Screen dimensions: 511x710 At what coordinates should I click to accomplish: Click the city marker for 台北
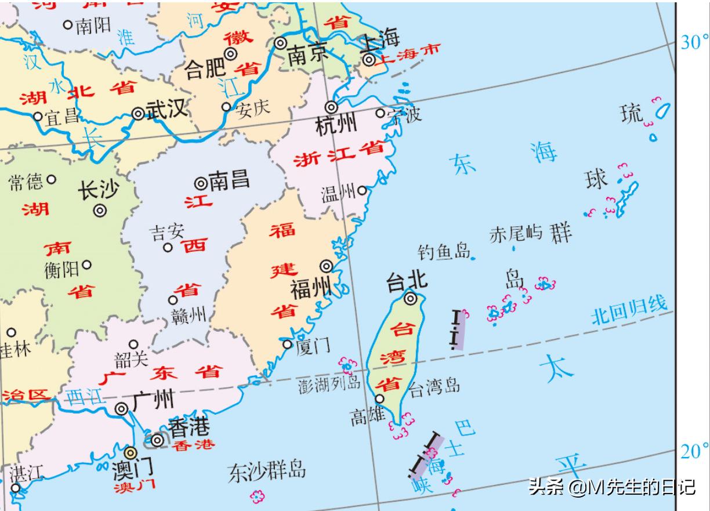411,299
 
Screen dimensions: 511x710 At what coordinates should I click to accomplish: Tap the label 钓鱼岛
443,251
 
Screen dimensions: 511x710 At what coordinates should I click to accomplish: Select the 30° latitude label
694,42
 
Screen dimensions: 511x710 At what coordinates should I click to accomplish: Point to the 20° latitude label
694,451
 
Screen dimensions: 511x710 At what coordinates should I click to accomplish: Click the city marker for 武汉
138,114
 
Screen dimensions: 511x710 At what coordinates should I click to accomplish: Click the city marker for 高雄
379,398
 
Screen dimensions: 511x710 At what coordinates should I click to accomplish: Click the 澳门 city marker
131,452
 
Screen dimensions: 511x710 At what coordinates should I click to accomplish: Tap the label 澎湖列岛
329,383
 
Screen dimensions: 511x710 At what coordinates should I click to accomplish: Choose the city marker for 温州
362,190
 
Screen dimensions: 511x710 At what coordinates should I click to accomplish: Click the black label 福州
310,288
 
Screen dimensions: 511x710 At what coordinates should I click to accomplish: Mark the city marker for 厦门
287,345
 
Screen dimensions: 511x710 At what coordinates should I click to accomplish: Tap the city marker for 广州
121,409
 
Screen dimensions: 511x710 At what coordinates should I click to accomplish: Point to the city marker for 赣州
173,300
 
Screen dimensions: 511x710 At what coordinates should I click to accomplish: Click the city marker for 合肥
231,53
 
